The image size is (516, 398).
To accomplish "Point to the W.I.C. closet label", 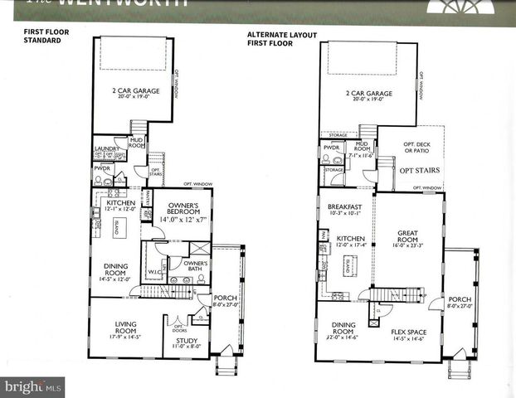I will pos(154,270).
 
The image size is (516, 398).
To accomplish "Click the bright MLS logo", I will pos(34,386).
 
